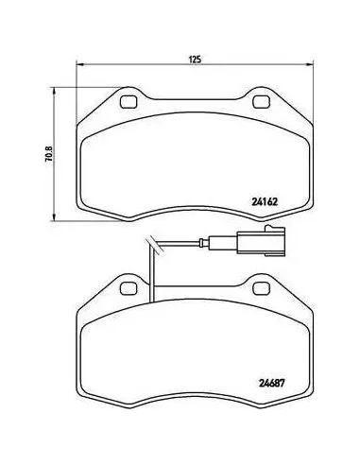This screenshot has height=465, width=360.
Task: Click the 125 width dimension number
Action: [195, 60]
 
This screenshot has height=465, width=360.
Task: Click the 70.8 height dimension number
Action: [49, 154]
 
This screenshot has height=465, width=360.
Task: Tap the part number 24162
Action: [265, 201]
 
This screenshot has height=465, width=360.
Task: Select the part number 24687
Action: [271, 384]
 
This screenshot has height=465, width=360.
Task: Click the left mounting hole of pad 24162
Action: [129, 102]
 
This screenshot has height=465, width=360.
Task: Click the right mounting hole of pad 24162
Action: [261, 102]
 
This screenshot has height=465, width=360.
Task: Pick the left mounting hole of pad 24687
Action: [129, 288]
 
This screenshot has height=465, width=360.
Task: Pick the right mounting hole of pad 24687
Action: [261, 288]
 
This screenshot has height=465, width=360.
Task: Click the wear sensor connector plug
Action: [261, 243]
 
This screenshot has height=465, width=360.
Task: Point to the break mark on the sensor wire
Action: [154, 245]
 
